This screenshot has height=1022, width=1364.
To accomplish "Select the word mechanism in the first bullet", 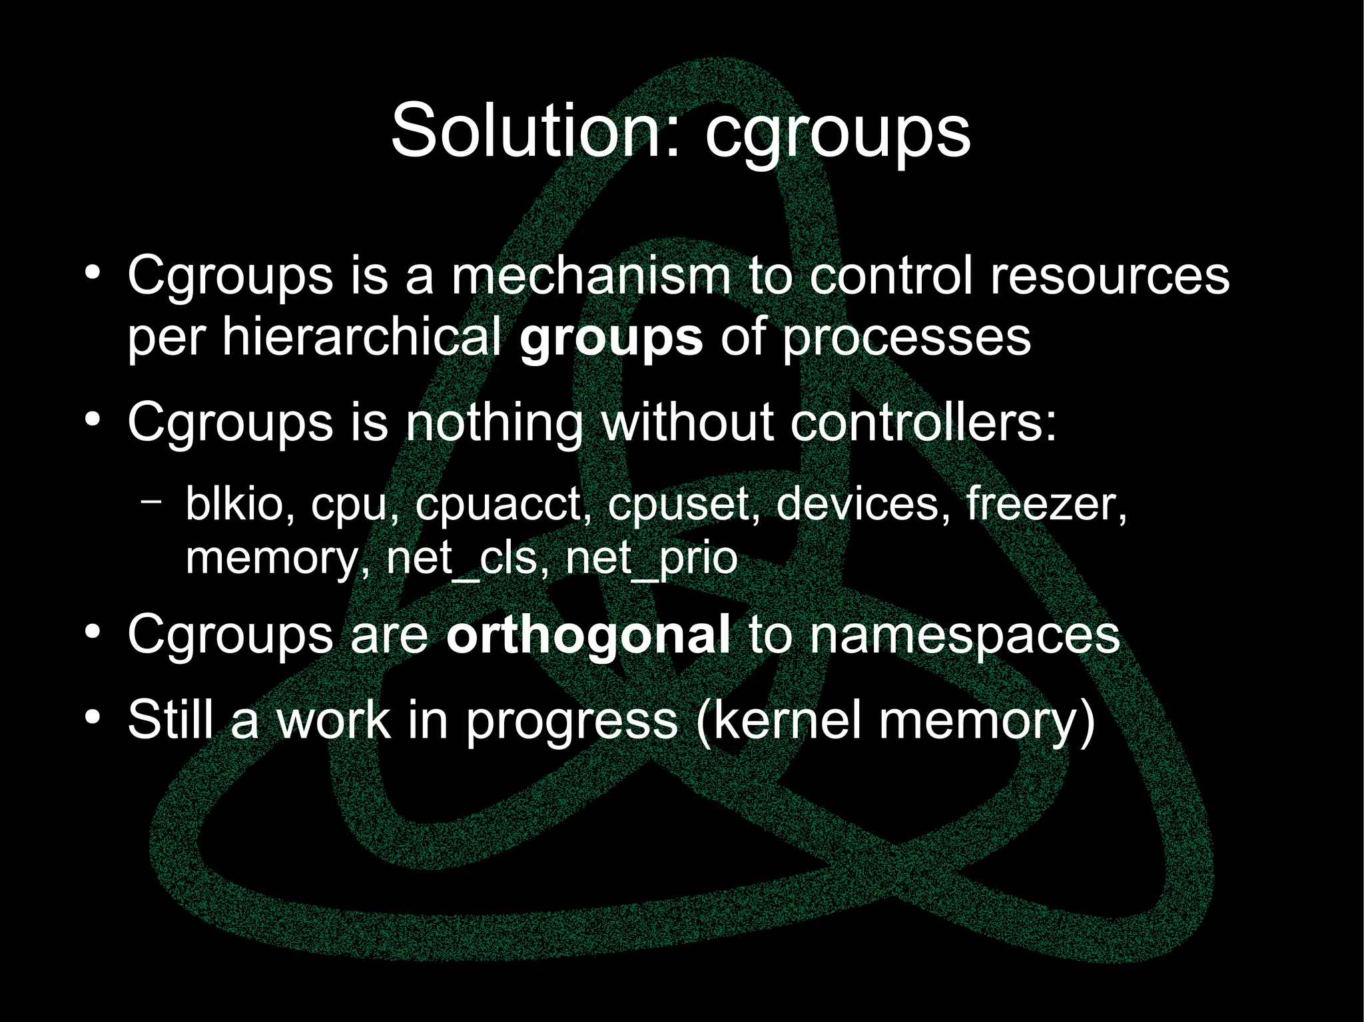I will pos(591,276).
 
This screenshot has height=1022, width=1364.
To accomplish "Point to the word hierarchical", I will pos(362,336).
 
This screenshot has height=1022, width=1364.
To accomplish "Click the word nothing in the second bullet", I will pos(494,423).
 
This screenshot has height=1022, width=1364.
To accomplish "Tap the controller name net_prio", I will pos(651,559).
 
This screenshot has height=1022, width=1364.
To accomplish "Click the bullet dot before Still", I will pos(93,718).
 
